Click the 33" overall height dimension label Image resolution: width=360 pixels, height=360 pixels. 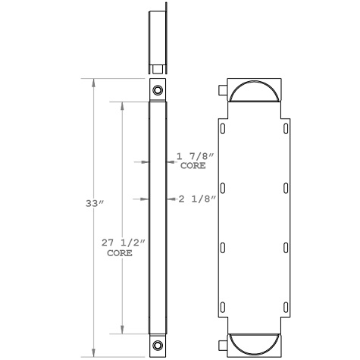(x=93, y=203)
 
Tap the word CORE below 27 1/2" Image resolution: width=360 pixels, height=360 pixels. (x=119, y=253)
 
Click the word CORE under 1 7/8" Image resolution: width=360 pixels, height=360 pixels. (x=193, y=164)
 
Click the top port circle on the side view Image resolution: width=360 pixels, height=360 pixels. (x=157, y=91)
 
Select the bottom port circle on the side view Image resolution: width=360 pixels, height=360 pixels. (x=157, y=346)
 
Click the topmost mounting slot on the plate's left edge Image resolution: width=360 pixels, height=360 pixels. (x=222, y=129)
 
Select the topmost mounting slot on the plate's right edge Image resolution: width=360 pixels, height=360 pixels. (x=285, y=129)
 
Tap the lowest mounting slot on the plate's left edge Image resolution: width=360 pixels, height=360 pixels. (x=222, y=306)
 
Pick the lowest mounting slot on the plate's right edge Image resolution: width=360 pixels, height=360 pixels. (x=285, y=306)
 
